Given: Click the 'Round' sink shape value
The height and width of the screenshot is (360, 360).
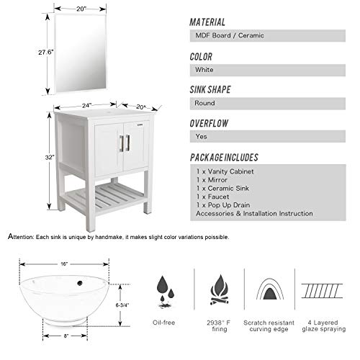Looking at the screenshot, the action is (x=204, y=103).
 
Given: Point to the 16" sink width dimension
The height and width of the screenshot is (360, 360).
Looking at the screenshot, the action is (x=63, y=264).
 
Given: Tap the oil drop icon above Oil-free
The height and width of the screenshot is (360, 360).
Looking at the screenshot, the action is (x=163, y=287).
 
